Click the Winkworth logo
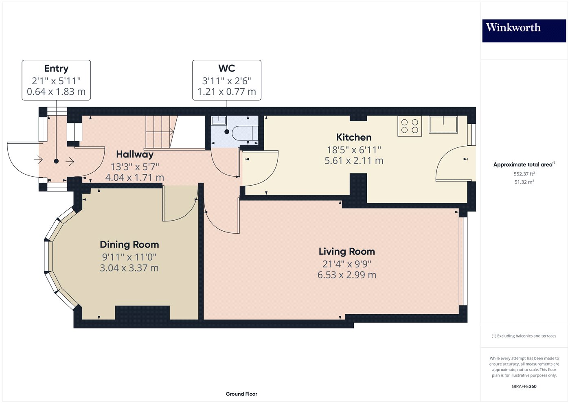pyautogui.click(x=524, y=31)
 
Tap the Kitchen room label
pyautogui.click(x=354, y=138)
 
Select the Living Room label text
pyautogui.click(x=346, y=252)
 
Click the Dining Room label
pyautogui.click(x=129, y=245)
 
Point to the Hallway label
pyautogui.click(x=135, y=155)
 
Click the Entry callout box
pyautogui.click(x=56, y=80)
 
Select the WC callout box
pyautogui.click(x=227, y=80)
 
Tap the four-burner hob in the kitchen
pyautogui.click(x=410, y=126)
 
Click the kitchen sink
pyautogui.click(x=443, y=124)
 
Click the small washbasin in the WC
pyautogui.click(x=219, y=120)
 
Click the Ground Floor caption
pyautogui.click(x=241, y=394)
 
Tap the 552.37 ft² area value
pyautogui.click(x=524, y=174)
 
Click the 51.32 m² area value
pyautogui.click(x=524, y=182)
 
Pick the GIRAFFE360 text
pyautogui.click(x=524, y=386)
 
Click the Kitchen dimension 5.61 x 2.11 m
pyautogui.click(x=354, y=161)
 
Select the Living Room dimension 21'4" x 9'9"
pyautogui.click(x=346, y=264)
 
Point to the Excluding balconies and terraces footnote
pyautogui.click(x=524, y=336)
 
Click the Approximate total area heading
pyautogui.click(x=524, y=164)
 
